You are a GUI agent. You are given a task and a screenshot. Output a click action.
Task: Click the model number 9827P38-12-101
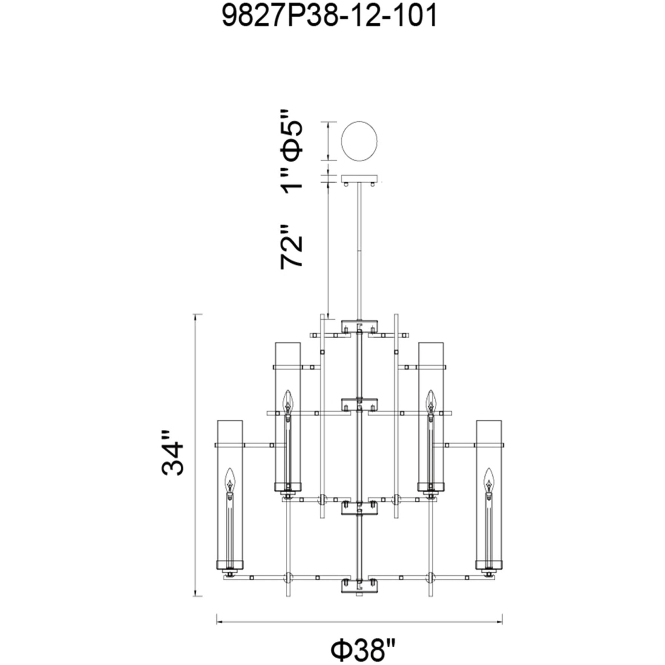329,16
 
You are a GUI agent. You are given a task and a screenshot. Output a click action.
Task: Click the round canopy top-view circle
359,141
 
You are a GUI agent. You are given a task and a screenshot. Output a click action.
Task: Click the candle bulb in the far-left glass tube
230,481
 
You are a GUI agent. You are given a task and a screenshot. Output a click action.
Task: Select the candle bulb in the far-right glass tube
489,481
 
